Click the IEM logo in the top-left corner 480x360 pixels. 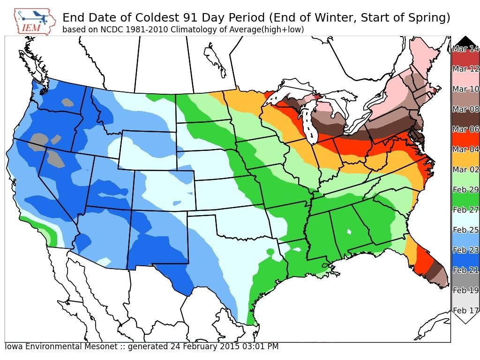point(34,21)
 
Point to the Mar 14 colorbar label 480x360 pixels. point(466,49)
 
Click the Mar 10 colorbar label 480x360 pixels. point(466,89)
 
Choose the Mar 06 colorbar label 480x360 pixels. point(466,129)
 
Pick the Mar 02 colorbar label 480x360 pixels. point(466,170)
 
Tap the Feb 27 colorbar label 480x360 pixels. point(466,210)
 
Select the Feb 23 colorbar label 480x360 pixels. point(466,250)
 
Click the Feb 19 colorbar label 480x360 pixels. point(466,291)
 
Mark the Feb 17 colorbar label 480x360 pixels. point(466,310)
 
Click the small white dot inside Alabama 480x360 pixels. point(349,232)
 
